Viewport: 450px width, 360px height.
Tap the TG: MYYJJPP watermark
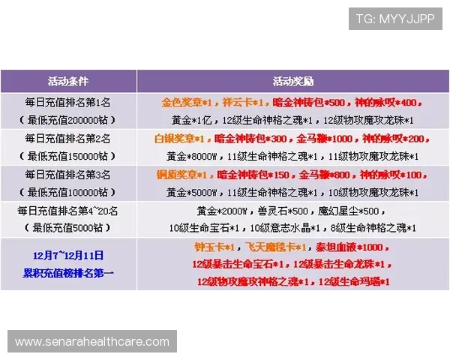[x=395, y=19]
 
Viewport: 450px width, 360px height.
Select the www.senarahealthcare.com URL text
[x=92, y=342]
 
